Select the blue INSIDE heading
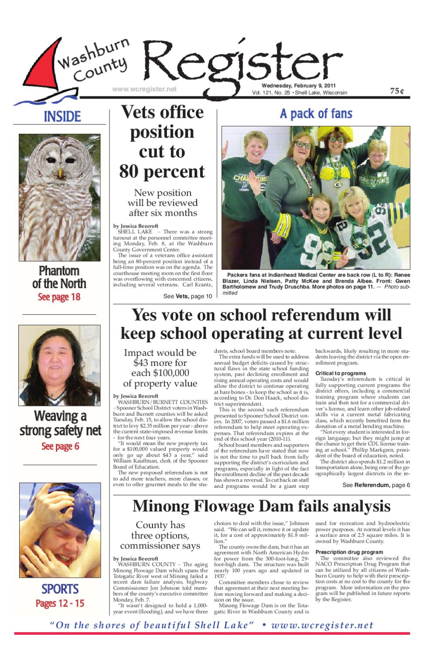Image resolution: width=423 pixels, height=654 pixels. click(x=62, y=116)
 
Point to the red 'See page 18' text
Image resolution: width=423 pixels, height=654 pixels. click(x=59, y=298)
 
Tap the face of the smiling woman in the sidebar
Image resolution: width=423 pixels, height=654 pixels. click(x=58, y=358)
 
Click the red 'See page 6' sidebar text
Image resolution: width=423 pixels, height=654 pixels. click(x=60, y=446)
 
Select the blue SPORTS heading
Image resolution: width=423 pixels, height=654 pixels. click(x=60, y=589)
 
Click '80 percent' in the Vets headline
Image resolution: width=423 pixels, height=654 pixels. click(x=162, y=171)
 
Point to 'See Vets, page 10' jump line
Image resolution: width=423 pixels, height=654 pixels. click(x=188, y=296)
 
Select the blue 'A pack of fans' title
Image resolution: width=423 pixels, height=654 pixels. click(x=316, y=114)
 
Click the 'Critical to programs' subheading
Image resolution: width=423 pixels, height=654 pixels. click(x=341, y=373)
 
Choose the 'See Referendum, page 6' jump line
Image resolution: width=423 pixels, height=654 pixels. click(x=376, y=485)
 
